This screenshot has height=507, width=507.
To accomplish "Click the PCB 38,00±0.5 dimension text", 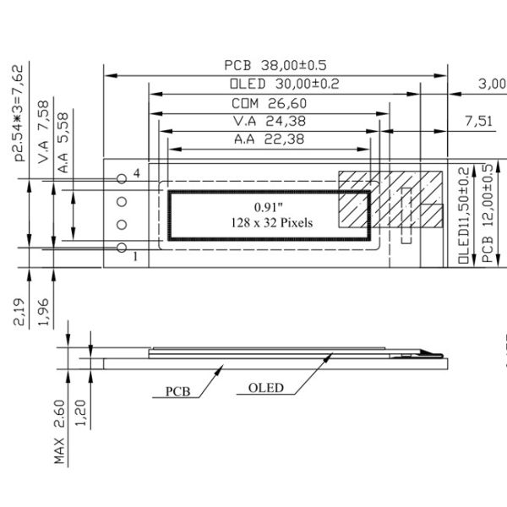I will pyautogui.click(x=275, y=66).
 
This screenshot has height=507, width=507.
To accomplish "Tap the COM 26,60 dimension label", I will pyautogui.click(x=268, y=103).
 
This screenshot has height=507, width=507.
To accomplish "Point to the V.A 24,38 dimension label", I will pyautogui.click(x=269, y=122).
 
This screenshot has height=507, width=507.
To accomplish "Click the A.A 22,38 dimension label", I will pyautogui.click(x=269, y=140).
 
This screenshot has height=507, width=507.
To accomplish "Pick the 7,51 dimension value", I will pyautogui.click(x=479, y=122).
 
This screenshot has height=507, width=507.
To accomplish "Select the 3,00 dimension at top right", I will pyautogui.click(x=492, y=84).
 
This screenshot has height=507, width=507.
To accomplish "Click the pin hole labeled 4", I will pyautogui.click(x=122, y=177).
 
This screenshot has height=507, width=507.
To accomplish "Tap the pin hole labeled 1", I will pyautogui.click(x=122, y=248).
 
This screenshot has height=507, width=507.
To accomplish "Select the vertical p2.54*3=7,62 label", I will pyautogui.click(x=18, y=119).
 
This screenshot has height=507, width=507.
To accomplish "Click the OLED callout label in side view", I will pyautogui.click(x=266, y=388).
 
